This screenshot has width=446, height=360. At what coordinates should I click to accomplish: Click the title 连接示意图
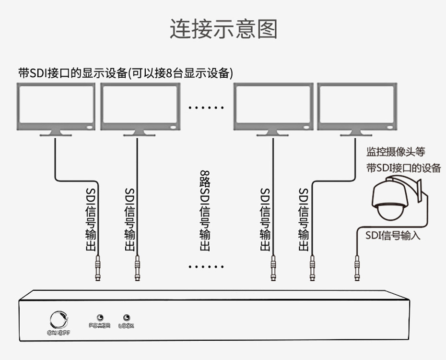pyautogui.click(x=223, y=29)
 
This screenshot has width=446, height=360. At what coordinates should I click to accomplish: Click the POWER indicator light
pyautogui.click(x=100, y=318)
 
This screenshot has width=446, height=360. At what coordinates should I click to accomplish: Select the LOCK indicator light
pyautogui.click(x=126, y=318)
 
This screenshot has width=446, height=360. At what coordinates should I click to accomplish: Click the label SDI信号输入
pyautogui.click(x=393, y=236)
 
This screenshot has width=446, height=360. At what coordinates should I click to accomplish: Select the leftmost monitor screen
pyautogui.click(x=56, y=106)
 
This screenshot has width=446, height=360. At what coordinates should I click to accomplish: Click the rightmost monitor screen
pyautogui.click(x=357, y=106)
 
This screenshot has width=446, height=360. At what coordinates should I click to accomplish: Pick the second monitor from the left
pyautogui.click(x=140, y=106)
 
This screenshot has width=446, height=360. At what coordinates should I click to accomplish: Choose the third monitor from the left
pyautogui.click(x=273, y=106)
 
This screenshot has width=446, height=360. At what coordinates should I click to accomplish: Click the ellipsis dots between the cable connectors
pyautogui.click(x=206, y=266)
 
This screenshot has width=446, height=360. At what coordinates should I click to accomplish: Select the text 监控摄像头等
pyautogui.click(x=396, y=152)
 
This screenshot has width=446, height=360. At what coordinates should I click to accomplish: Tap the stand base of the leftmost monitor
pyautogui.click(x=56, y=134)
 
